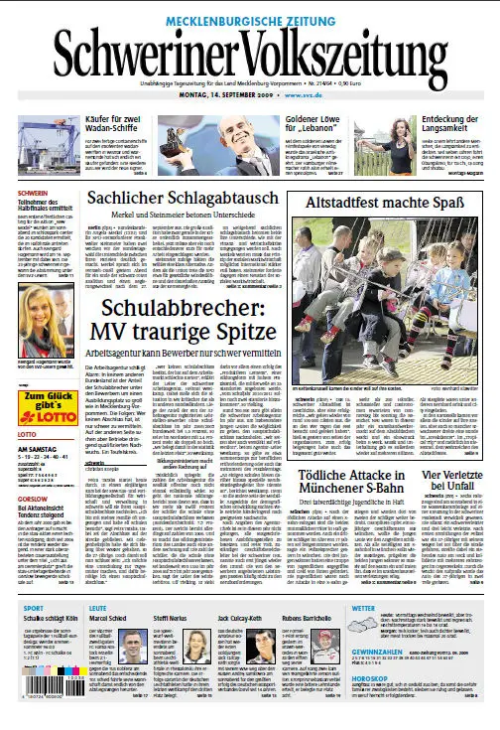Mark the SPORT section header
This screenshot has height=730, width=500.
pyautogui.click(x=34, y=607)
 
